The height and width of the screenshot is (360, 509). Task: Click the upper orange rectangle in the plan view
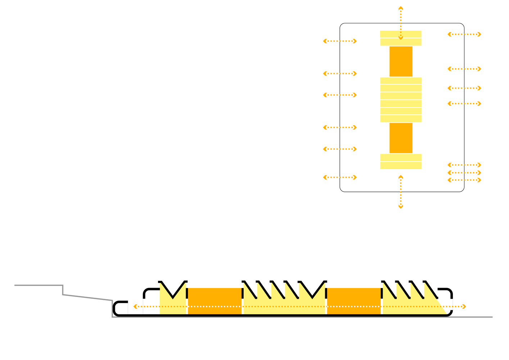[x=401, y=61]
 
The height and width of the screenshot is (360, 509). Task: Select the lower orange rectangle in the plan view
[x=401, y=138]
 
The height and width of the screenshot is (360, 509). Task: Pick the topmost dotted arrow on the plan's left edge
[x=340, y=41]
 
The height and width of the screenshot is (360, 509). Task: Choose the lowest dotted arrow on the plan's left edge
[x=340, y=177]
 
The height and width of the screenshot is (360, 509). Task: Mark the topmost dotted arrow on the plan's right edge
[x=464, y=34]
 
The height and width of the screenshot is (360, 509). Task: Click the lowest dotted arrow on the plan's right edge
[x=464, y=180]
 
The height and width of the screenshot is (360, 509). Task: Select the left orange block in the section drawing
[x=215, y=301]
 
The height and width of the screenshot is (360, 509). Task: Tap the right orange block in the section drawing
[x=353, y=301]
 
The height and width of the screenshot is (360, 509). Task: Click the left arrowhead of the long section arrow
[x=135, y=307]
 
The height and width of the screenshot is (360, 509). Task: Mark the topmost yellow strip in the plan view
[x=401, y=34]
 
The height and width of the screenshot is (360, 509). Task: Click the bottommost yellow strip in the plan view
[x=401, y=166]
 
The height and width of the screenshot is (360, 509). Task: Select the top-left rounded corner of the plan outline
[x=342, y=26]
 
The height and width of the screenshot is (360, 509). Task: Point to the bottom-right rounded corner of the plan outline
[x=462, y=189]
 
